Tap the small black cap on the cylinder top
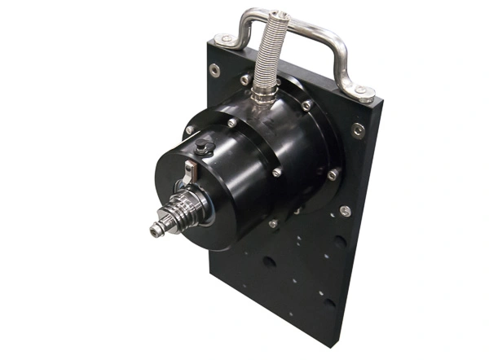point(203,147)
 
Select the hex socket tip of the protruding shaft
point(155,231)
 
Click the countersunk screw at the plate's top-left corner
point(214,70)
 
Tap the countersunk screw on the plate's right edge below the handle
point(359,130)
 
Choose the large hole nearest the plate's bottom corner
point(329,303)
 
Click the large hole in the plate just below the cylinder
point(269,262)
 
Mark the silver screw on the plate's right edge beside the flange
point(346,211)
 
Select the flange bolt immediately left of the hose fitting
point(245,81)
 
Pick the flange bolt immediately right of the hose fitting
point(306,106)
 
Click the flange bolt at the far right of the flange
point(333,174)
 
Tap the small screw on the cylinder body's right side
point(277,172)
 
